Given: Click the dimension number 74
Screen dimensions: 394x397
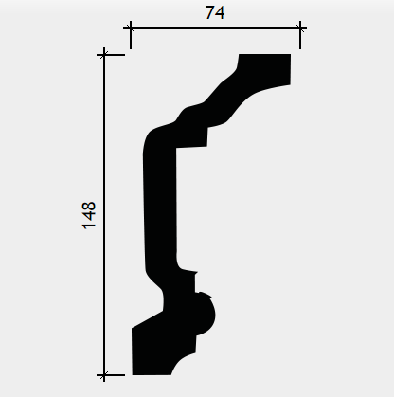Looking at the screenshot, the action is coord(215,13).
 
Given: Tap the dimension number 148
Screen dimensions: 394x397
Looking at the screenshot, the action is coord(89,215).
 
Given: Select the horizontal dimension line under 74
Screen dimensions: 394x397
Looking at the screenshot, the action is coord(215,28).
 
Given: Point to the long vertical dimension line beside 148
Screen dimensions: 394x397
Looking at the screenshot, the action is coord(104,215).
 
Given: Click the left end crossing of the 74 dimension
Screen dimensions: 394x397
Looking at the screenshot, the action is coord(131,28).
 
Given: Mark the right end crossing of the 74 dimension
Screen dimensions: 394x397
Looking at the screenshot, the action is coord(300,28).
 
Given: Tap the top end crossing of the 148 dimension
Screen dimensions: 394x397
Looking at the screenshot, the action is coord(104,55).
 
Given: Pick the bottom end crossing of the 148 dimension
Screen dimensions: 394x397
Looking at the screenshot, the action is coord(104,375).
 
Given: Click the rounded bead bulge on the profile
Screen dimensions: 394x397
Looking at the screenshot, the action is coord(206,315).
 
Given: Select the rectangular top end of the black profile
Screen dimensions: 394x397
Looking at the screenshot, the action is coord(264,68).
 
